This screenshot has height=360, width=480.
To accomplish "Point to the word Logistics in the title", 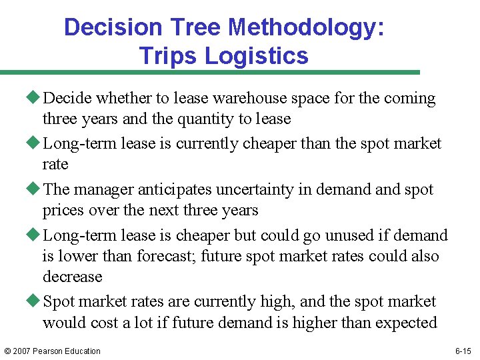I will pyautogui.click(x=257, y=55).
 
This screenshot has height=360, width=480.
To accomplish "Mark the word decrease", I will pyautogui.click(x=72, y=277).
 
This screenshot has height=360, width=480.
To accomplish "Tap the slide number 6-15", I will pyautogui.click(x=463, y=351).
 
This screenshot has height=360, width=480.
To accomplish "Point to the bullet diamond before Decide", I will pyautogui.click(x=36, y=98).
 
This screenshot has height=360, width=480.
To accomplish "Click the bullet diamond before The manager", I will pyautogui.click(x=36, y=189).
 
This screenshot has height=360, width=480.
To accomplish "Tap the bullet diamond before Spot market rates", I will pyautogui.click(x=36, y=301).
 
